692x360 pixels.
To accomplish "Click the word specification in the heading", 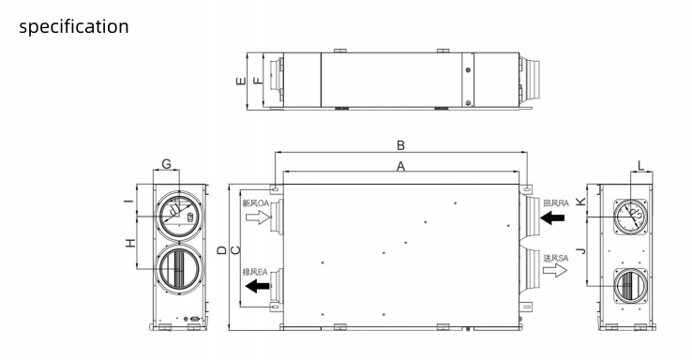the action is tap(74, 27).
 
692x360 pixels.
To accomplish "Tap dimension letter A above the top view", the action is tap(400, 166).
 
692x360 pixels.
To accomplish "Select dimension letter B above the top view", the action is tap(400, 145).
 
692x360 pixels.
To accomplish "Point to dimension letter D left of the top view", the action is tap(222, 250).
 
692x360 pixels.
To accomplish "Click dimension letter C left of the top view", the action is tap(235, 250).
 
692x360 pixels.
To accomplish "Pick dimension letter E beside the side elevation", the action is tap(241, 81).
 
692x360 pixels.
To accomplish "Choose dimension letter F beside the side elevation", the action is tap(257, 81).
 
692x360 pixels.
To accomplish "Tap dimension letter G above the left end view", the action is tap(166, 164).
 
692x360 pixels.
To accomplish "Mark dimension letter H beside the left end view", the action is tap(130, 243).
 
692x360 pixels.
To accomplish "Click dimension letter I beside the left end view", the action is tap(128, 202).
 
